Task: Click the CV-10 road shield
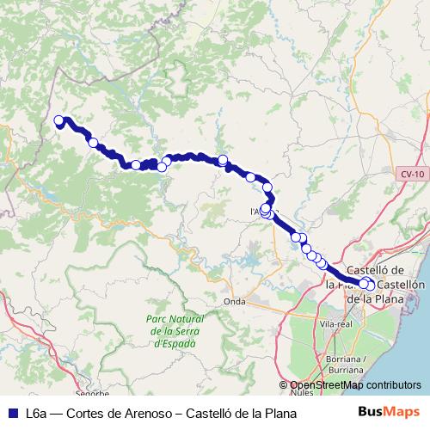[x=411, y=175]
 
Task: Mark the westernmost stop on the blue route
[x=59, y=121]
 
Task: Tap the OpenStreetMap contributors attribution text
[x=355, y=386]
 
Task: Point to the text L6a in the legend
[x=37, y=413]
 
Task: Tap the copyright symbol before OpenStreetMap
[x=284, y=386]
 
